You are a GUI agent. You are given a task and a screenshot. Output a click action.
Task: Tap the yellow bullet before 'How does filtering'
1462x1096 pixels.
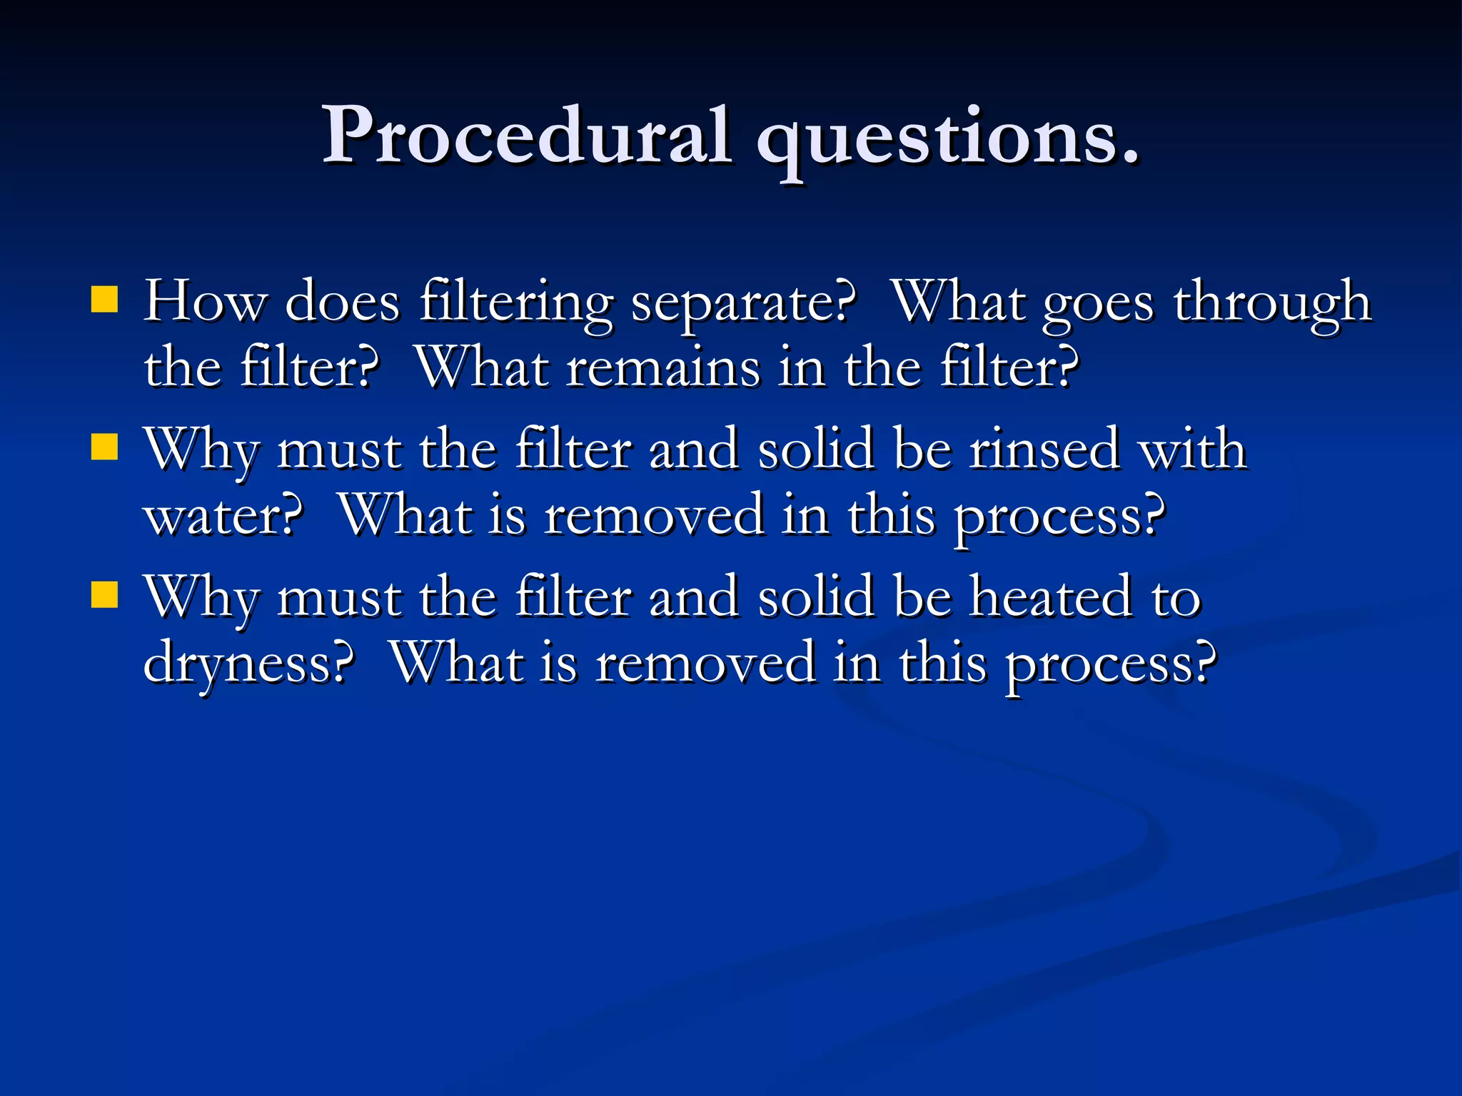tap(104, 300)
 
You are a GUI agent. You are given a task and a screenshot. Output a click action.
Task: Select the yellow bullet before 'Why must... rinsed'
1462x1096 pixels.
tap(104, 448)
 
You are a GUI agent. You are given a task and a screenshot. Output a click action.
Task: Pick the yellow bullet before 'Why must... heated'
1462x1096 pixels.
tap(104, 595)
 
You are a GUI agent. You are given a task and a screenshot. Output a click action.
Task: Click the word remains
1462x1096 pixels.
tap(664, 370)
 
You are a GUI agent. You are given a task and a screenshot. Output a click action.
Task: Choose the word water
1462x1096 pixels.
tap(218, 517)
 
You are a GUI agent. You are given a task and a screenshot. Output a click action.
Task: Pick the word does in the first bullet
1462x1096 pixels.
tap(342, 303)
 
